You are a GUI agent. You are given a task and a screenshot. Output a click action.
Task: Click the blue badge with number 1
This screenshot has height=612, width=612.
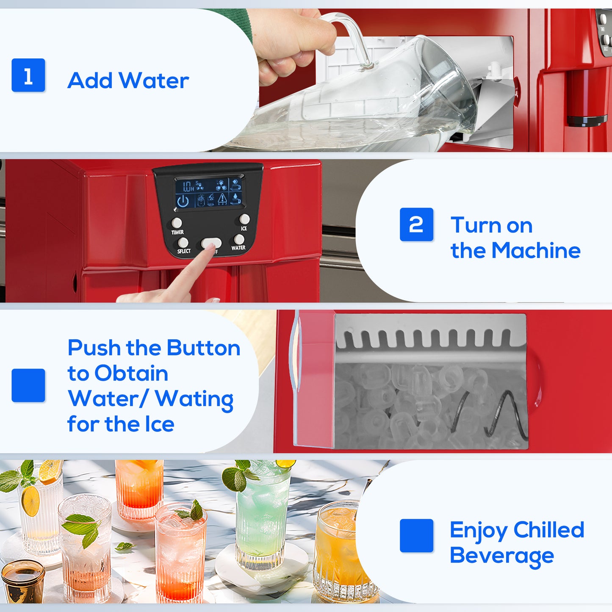(x=28, y=75)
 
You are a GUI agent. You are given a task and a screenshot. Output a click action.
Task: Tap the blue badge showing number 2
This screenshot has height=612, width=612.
(x=416, y=224)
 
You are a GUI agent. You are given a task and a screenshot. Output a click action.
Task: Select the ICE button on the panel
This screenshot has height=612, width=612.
(x=244, y=219)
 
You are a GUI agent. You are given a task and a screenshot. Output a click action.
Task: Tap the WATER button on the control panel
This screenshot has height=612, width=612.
(x=239, y=240)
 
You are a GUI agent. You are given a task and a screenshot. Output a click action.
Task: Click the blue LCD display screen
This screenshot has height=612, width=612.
(x=208, y=192)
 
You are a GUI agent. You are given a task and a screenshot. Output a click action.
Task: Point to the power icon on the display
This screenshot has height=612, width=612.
(x=183, y=201)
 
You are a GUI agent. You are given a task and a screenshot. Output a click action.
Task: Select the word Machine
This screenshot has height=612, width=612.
(x=536, y=250)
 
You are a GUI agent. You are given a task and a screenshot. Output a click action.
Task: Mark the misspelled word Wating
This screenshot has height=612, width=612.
(x=194, y=399)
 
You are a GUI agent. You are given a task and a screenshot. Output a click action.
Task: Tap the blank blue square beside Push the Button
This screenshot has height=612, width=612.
(x=28, y=385)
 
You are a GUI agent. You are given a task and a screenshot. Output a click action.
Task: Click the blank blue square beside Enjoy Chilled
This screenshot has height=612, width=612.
(x=416, y=535)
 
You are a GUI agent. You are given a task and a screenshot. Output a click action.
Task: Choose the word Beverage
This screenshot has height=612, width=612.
(x=501, y=556)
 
